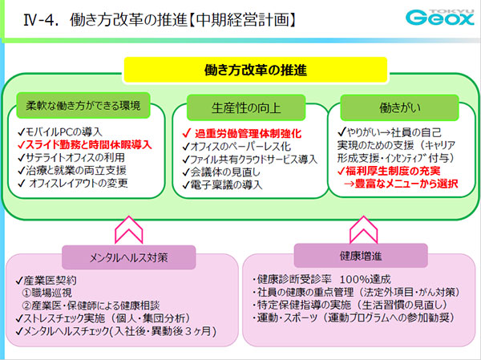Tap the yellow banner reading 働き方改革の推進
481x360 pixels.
(x=240, y=71)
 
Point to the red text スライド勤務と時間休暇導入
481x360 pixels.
(x=89, y=145)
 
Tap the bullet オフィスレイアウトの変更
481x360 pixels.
(x=82, y=184)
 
